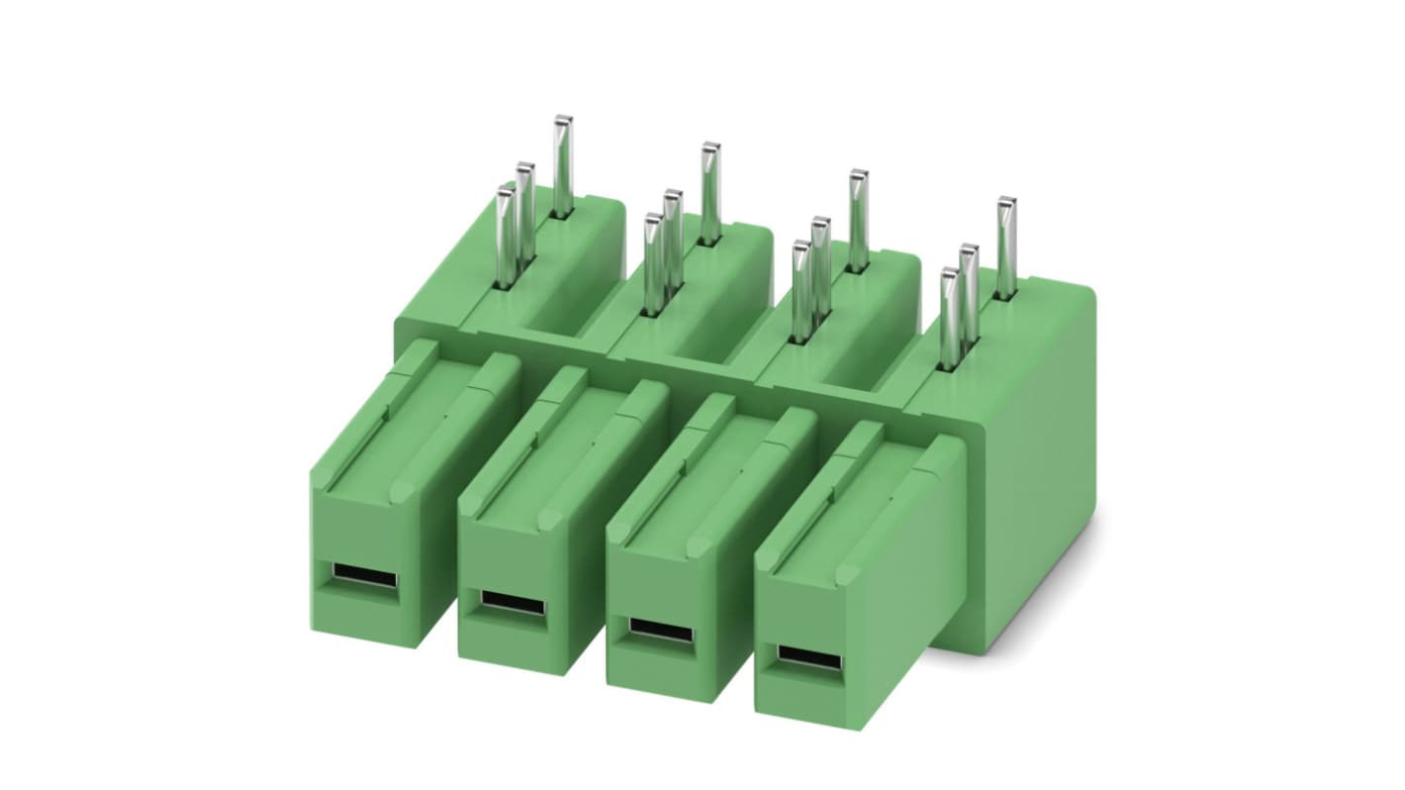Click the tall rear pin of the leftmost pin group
(x=562, y=165)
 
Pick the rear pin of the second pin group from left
(x=709, y=193)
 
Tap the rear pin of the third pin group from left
(x=857, y=220)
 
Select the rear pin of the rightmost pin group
(x=1005, y=247)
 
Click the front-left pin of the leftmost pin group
(x=505, y=238)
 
